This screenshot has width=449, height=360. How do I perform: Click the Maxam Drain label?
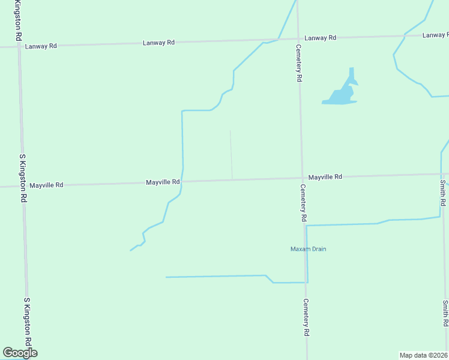(x=309, y=249)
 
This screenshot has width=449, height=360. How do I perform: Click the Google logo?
(x=20, y=353)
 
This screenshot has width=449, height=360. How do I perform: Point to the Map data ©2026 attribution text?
(x=424, y=355)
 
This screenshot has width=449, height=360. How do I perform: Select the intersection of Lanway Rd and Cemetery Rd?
(x=298, y=39)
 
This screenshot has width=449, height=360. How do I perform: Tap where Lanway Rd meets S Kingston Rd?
(x=19, y=46)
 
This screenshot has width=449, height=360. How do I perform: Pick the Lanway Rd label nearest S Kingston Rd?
(x=41, y=46)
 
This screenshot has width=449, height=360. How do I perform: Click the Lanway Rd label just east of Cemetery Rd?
(x=320, y=38)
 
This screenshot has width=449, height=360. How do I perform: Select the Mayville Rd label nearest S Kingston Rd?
(x=46, y=185)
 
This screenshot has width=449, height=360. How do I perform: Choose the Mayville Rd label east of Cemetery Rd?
(x=325, y=177)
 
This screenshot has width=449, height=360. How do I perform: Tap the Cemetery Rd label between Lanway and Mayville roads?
(x=298, y=62)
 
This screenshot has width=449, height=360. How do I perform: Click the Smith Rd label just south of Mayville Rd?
(x=442, y=193)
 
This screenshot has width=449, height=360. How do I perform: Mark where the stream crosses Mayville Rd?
(x=182, y=181)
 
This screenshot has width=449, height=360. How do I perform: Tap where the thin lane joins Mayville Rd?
(x=232, y=179)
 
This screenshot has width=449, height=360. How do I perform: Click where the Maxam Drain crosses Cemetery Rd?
(x=306, y=226)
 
